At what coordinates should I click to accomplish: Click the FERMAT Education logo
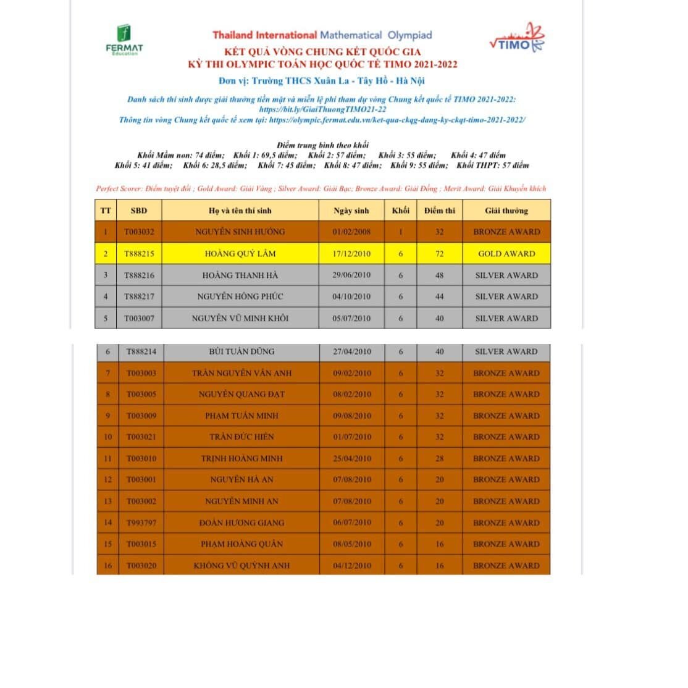(125, 41)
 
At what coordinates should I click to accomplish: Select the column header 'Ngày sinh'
(351, 211)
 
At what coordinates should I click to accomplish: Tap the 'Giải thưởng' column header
(506, 211)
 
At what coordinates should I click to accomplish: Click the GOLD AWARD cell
(506, 253)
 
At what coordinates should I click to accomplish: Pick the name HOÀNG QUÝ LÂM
(240, 253)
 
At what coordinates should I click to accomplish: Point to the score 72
(439, 253)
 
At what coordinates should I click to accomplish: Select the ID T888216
(140, 275)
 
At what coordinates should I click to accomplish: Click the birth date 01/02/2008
(351, 232)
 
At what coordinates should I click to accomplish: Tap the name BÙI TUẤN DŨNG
(241, 351)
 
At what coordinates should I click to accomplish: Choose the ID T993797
(141, 522)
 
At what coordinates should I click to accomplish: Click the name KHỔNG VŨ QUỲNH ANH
(241, 565)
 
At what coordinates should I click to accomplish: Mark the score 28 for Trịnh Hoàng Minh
(439, 458)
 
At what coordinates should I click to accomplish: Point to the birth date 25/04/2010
(352, 458)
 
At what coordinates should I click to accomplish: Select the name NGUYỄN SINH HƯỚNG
(240, 232)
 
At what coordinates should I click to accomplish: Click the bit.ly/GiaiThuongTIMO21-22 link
(322, 109)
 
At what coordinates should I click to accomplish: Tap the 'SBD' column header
(139, 211)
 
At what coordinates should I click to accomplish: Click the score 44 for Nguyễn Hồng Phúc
(439, 296)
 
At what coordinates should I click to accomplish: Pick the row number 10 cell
(108, 437)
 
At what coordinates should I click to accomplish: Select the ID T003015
(141, 544)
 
